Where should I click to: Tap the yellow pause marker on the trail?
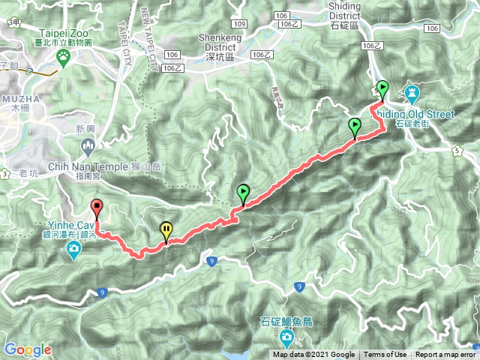click(166, 230)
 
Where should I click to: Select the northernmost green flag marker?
click(382, 88)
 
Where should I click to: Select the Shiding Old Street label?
click(415, 113)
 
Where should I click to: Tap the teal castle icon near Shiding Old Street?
click(412, 93)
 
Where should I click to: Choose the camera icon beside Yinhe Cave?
click(74, 249)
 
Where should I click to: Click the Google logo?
click(27, 349)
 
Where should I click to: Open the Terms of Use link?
click(385, 355)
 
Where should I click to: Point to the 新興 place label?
click(85, 129)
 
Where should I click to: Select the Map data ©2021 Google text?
click(313, 355)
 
